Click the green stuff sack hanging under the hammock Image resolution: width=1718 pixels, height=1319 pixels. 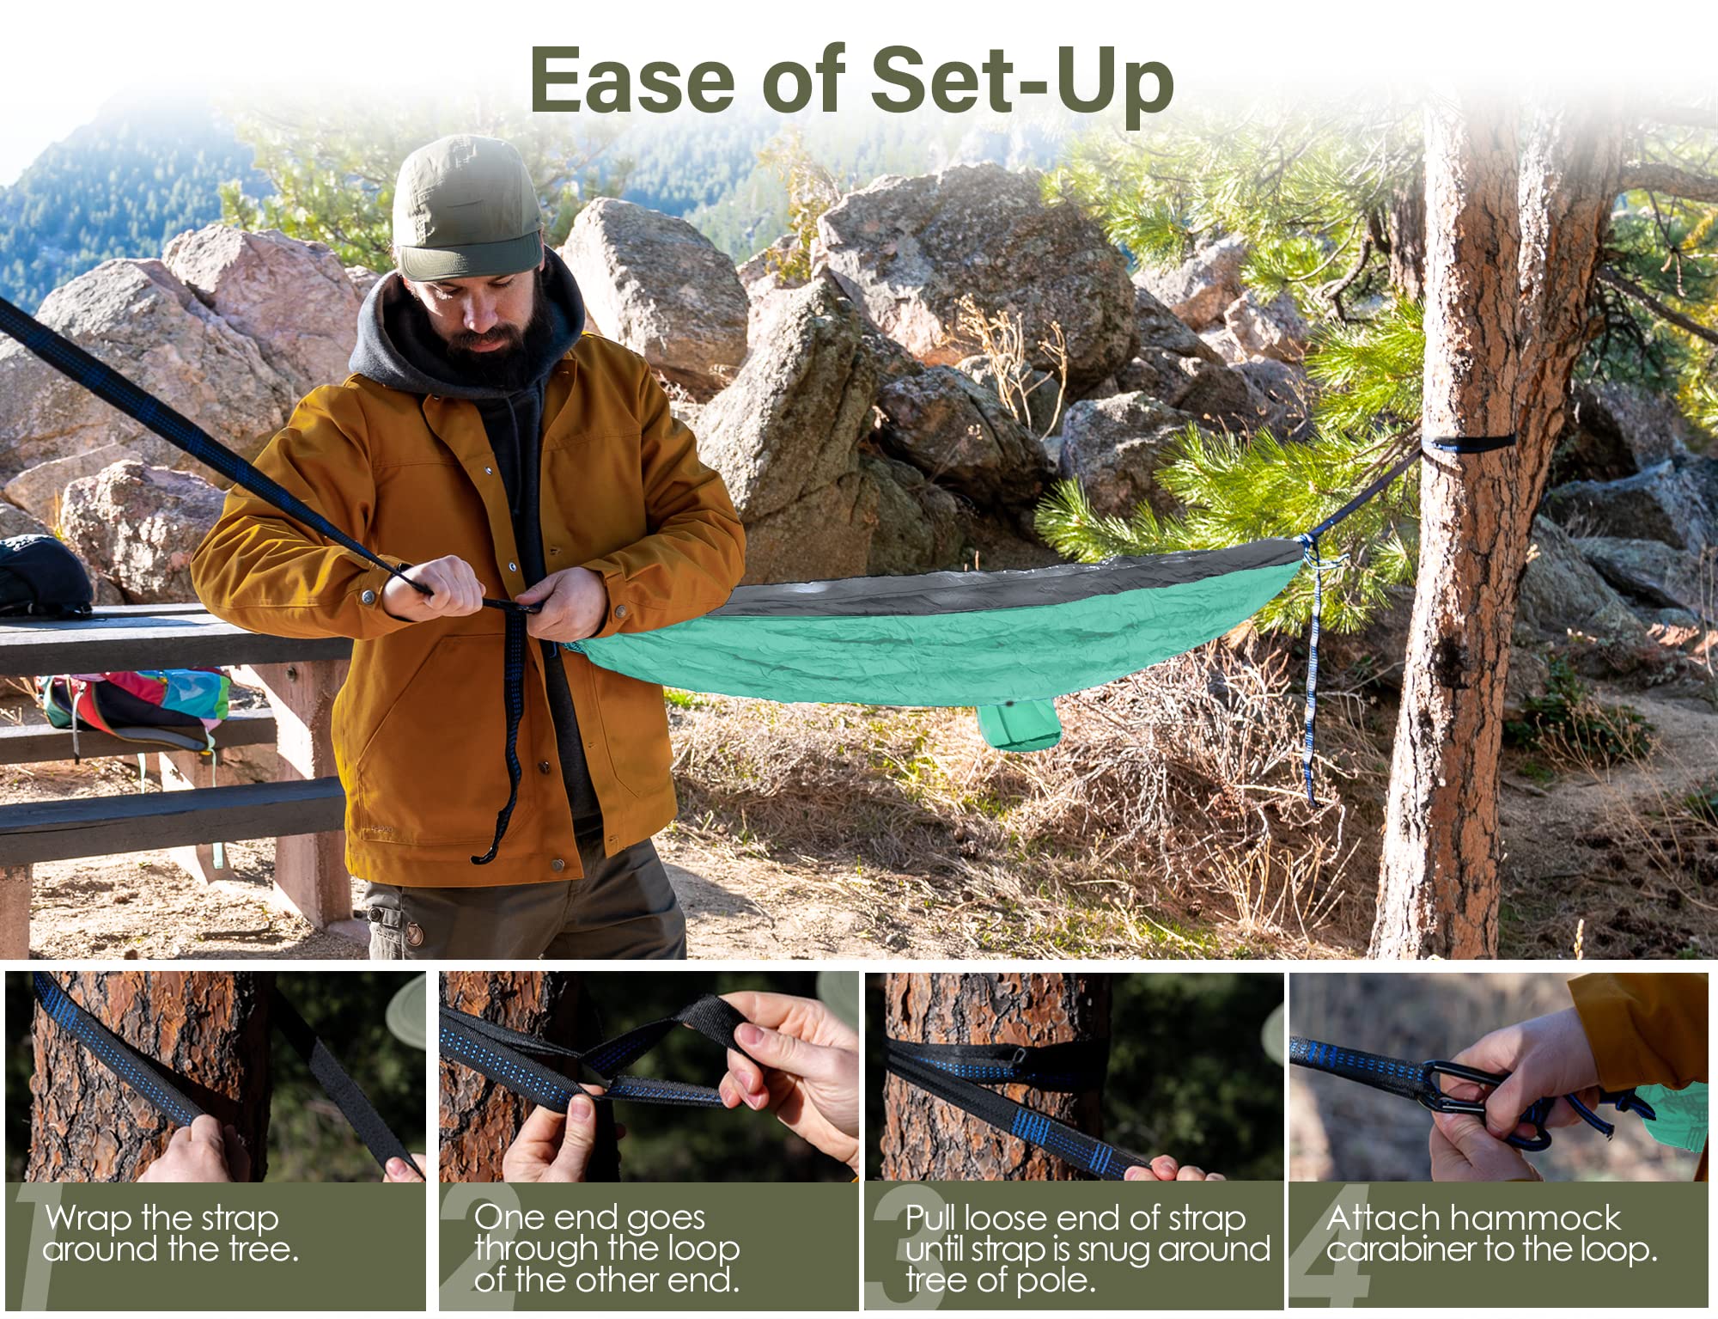tap(1019, 723)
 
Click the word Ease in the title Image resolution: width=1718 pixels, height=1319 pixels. tap(632, 79)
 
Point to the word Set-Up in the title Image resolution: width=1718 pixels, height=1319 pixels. tap(1022, 85)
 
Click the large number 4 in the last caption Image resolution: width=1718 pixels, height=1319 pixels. tap(1331, 1246)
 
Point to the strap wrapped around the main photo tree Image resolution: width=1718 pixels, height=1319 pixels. tap(1471, 443)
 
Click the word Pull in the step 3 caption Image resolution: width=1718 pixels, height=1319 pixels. tap(931, 1218)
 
